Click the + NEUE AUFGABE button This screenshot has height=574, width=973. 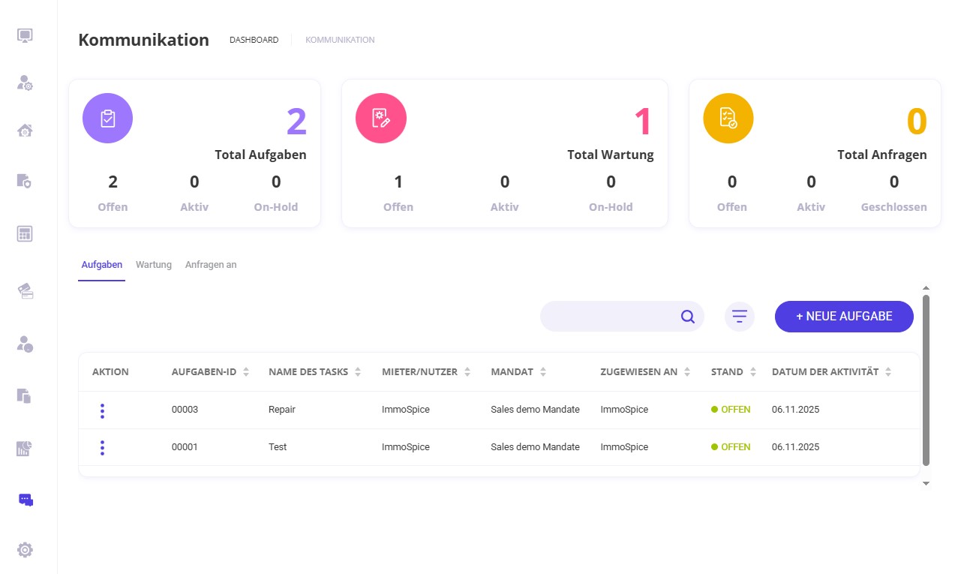tap(844, 317)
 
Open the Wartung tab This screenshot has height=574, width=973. tap(154, 265)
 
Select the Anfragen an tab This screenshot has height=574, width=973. tap(211, 265)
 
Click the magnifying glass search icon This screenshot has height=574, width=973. tap(687, 317)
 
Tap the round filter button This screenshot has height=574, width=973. tap(739, 317)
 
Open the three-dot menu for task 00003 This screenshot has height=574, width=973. tap(102, 410)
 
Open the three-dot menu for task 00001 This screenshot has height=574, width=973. tap(102, 447)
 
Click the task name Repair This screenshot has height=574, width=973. tap(282, 410)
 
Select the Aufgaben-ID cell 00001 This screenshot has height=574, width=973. tap(185, 446)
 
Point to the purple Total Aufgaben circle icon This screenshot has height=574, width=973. tap(107, 119)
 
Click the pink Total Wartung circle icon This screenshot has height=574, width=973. tap(380, 119)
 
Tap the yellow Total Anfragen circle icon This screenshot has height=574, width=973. tap(728, 119)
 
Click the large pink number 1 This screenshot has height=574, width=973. tap(643, 122)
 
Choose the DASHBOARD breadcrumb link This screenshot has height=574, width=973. tap(254, 40)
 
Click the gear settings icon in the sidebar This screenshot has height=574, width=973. tap(26, 550)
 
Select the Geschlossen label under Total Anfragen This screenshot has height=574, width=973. tap(893, 207)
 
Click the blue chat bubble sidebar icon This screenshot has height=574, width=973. tap(26, 500)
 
